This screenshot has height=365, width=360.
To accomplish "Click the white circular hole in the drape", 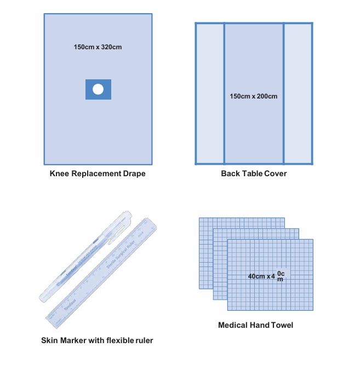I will (98, 89).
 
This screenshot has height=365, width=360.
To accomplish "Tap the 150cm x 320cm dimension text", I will (98, 47).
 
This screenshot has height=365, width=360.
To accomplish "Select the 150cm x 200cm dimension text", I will (254, 96).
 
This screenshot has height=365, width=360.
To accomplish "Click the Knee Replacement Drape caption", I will (98, 174).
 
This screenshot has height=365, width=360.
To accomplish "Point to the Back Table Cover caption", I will (254, 174).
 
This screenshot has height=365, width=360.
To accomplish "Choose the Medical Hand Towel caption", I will (255, 325).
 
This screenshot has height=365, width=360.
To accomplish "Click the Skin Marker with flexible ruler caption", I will (97, 340).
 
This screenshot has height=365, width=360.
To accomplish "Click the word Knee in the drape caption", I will (59, 174).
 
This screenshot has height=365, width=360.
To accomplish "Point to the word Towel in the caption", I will (281, 325).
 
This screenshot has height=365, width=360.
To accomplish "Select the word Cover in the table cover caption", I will (275, 174).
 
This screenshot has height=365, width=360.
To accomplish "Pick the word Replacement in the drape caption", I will (93, 174).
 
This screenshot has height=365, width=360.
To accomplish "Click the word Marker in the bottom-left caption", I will (72, 340).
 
